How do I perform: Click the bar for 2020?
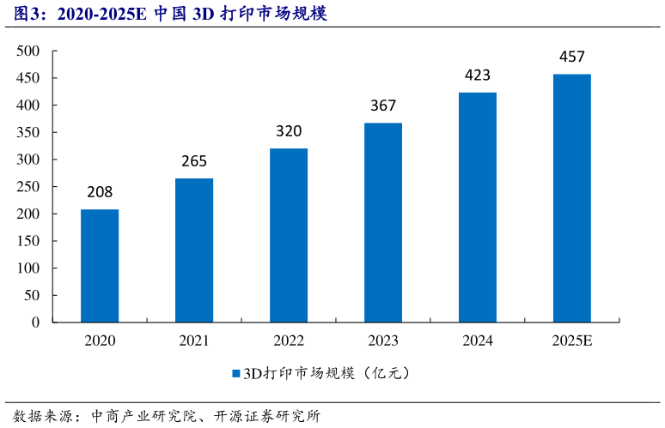point(100,266)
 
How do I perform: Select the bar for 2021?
point(194,250)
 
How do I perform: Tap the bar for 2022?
point(289,235)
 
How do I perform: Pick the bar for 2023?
point(383,222)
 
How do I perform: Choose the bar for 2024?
point(478,207)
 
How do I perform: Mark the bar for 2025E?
point(572,198)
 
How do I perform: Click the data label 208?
point(100,192)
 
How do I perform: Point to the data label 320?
point(289,131)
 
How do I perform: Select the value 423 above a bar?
point(478,75)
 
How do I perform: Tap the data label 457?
point(572,57)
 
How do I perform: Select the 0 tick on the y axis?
point(36,323)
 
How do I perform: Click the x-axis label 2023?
point(383,341)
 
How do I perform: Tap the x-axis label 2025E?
point(572,341)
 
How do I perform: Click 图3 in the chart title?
point(21,14)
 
